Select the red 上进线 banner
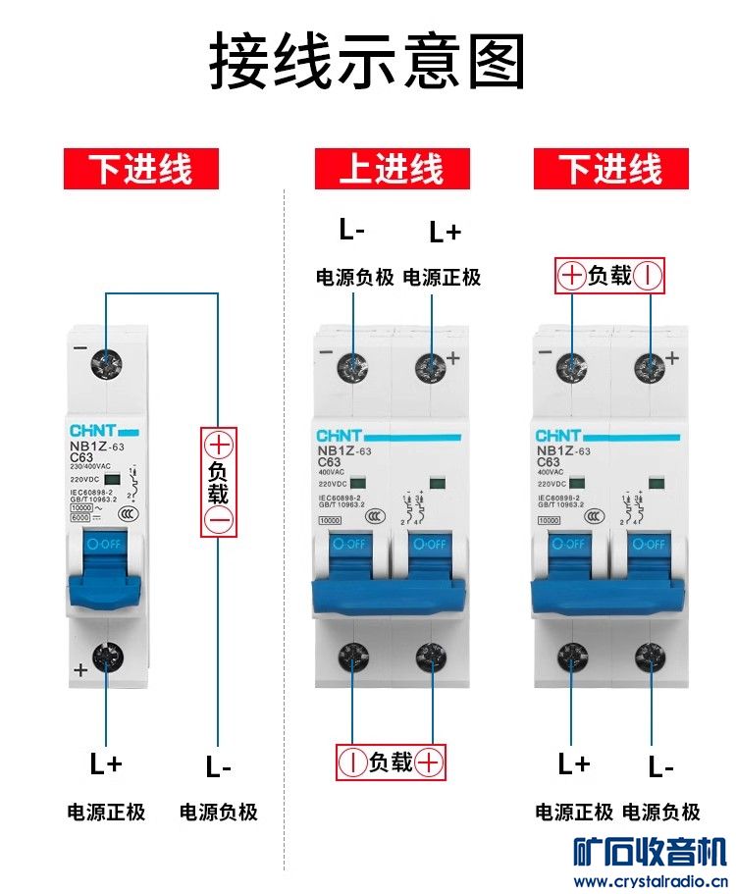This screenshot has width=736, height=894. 392,169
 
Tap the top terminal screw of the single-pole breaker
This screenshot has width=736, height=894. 105,364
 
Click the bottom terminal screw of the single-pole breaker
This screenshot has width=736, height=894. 105,656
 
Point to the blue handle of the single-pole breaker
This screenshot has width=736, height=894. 106,574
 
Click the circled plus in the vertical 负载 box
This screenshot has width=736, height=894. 219,444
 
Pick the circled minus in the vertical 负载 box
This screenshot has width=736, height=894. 219,521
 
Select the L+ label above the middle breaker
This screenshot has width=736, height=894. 445,233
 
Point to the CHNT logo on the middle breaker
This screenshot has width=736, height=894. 340,435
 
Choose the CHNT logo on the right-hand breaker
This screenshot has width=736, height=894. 558,435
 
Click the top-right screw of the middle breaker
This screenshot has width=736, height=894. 431,367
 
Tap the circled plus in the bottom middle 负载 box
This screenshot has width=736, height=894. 429,762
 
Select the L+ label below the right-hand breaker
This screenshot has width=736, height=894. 574,763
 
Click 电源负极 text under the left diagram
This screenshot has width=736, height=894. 219,813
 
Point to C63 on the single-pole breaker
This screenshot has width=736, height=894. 81,456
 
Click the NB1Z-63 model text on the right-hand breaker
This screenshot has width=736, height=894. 563,450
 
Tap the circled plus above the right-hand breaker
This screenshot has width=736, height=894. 572,277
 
